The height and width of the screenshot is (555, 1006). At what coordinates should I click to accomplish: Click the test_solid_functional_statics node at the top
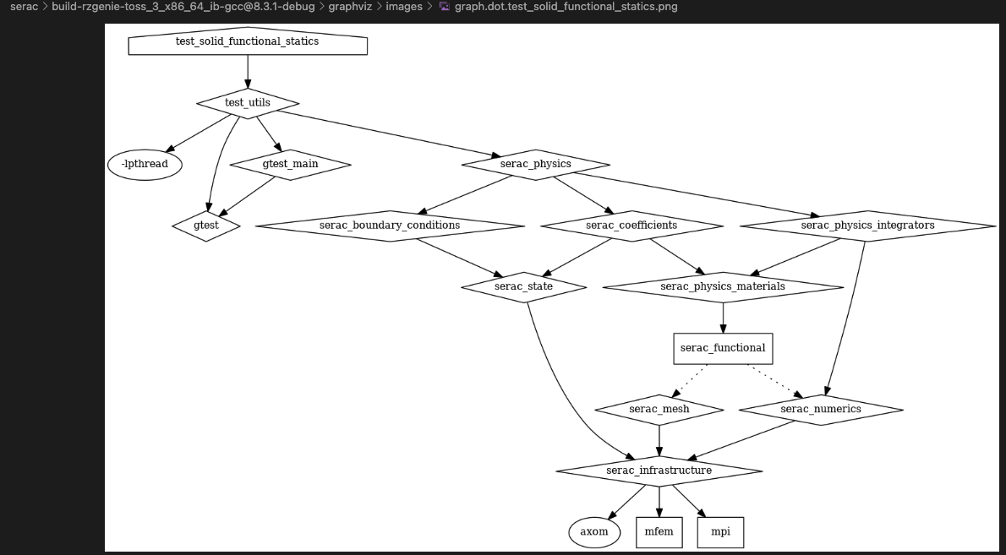tap(248, 41)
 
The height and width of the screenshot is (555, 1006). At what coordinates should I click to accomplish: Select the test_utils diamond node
tap(248, 103)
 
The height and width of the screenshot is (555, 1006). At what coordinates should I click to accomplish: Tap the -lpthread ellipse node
tap(145, 165)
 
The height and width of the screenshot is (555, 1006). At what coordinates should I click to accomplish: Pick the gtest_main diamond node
tap(290, 165)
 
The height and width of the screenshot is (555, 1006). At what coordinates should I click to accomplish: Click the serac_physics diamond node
tap(536, 165)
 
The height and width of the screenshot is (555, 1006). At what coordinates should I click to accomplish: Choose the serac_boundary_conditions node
tap(390, 226)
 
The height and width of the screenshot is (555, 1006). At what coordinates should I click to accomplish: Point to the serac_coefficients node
tap(632, 226)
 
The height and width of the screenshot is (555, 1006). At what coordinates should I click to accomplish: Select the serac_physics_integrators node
tap(867, 226)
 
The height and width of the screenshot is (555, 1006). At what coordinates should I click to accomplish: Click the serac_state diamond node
tap(523, 287)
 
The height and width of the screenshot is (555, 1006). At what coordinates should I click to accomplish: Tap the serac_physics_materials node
tap(723, 287)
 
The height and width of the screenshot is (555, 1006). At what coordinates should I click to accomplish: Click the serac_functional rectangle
tap(723, 349)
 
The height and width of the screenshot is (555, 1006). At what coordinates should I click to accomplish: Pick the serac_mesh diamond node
tap(659, 410)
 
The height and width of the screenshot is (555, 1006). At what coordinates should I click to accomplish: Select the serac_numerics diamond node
tap(821, 410)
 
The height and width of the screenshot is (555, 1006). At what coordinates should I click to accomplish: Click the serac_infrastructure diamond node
tap(659, 471)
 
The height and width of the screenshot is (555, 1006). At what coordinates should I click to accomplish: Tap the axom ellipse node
tap(594, 532)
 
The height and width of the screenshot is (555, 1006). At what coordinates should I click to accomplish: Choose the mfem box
tap(659, 532)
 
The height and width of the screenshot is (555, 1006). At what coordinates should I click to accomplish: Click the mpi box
tap(720, 532)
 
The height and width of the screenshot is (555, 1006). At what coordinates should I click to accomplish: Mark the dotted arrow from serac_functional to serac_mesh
tap(689, 381)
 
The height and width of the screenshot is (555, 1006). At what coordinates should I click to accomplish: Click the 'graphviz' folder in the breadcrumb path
tap(350, 7)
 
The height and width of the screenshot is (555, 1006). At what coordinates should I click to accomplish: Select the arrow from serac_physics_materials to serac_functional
tap(723, 318)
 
